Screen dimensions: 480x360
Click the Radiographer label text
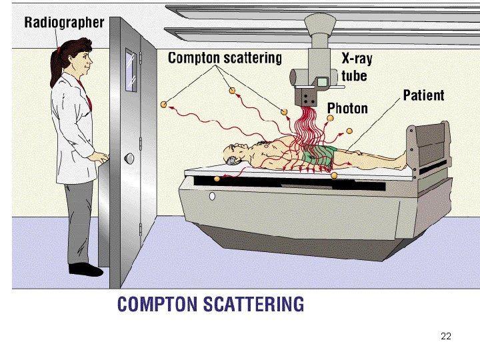tap(64, 22)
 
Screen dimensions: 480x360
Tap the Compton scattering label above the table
tap(225, 57)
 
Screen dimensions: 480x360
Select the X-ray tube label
tap(356, 66)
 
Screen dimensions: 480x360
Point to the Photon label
tap(347, 107)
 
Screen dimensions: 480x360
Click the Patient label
tap(423, 95)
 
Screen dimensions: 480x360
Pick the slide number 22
tap(446, 335)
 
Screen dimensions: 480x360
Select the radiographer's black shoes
tap(85, 269)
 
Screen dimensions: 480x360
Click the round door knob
tap(129, 158)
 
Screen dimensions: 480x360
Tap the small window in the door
tap(131, 70)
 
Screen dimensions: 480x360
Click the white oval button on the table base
tap(212, 197)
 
